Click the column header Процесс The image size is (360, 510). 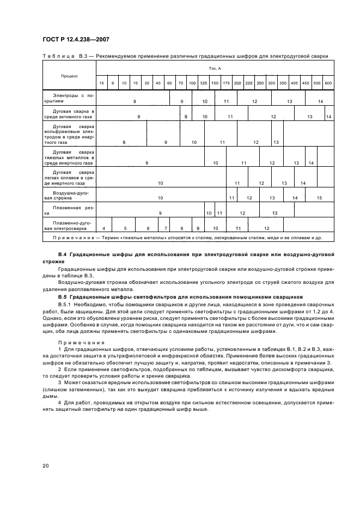click(x=69, y=76)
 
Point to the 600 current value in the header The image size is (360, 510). click(x=328, y=83)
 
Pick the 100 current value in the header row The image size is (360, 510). click(x=192, y=83)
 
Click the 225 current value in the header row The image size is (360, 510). click(x=248, y=83)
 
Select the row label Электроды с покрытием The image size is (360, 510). click(x=69, y=98)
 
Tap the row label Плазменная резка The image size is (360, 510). click(x=69, y=210)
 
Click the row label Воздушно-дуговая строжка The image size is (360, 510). click(x=69, y=195)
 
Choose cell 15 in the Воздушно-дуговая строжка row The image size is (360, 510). click(x=319, y=198)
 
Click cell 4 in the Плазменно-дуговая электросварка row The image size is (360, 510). click(x=103, y=228)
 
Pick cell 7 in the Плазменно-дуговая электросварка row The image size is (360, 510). click(x=166, y=228)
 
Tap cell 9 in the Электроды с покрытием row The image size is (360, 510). click(x=181, y=101)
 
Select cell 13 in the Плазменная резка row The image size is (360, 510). click(x=275, y=213)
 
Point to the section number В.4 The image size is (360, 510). click(x=62, y=254)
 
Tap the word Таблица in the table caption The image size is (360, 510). click(x=56, y=56)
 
